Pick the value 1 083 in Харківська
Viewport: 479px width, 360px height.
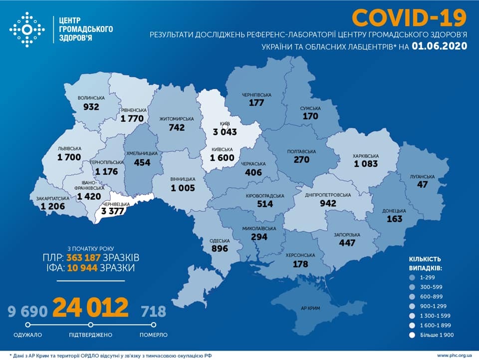tap(366, 164)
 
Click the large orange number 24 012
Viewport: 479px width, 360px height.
tap(90, 308)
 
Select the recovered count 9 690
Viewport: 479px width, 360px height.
tap(27, 312)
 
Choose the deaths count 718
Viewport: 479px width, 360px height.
tap(153, 312)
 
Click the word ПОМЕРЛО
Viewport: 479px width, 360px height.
tap(153, 335)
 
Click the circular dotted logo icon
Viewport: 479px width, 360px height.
tap(27, 30)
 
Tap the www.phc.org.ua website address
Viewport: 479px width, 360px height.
tap(454, 355)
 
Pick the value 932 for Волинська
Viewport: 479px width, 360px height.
tap(91, 106)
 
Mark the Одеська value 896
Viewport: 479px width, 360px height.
tap(219, 248)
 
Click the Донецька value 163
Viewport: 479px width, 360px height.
tap(394, 218)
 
